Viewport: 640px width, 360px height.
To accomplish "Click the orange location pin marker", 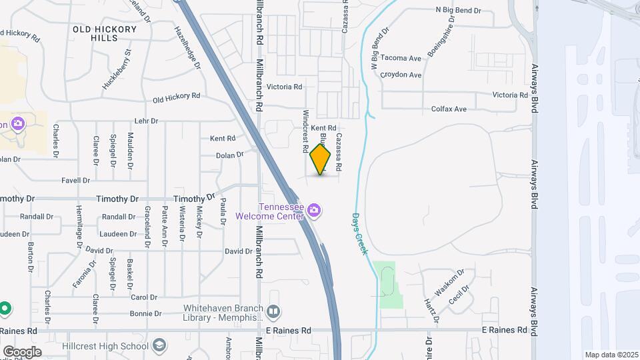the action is [321, 159].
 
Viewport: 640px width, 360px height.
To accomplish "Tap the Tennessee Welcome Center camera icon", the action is [315, 211].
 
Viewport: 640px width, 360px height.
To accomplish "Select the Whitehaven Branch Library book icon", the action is [273, 312].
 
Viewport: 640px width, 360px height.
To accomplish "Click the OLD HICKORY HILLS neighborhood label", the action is [105, 34].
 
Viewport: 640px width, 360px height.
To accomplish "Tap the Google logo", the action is [22, 351].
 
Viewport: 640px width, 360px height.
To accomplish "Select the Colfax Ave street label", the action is [449, 109].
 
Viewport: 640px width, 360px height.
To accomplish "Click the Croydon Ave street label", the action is [401, 75].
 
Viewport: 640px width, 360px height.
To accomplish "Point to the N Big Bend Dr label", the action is [459, 11].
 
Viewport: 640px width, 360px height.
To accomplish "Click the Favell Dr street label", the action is [75, 180].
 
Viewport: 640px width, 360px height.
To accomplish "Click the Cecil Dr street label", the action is [459, 294].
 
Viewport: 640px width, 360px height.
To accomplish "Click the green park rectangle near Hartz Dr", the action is [388, 285].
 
